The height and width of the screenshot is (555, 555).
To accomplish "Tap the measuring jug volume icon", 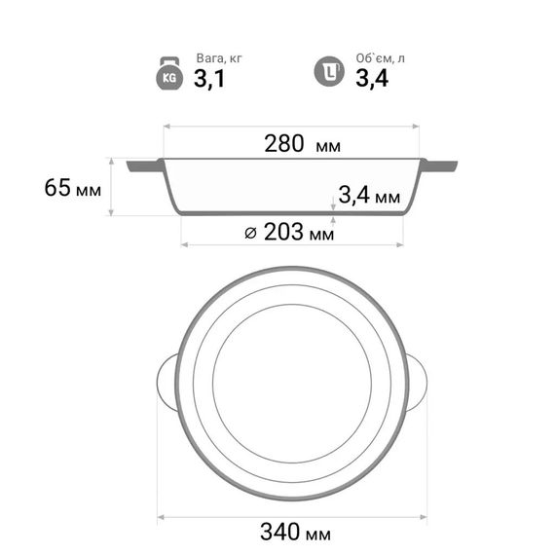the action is coord(329,71).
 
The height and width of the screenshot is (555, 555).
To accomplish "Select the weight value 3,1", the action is coord(209,79).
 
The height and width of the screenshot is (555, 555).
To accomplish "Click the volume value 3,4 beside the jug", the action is coord(372,78).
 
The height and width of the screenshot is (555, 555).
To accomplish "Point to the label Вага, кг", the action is coord(219,58).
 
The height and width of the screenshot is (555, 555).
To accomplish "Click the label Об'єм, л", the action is coord(380,58).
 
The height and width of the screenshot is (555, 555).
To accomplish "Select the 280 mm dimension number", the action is coord(284,144).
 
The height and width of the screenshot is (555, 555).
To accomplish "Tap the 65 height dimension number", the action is coord(57,188).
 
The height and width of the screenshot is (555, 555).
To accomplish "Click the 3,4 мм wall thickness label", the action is coord(369,195).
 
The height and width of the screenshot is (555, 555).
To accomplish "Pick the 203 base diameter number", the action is coord(283,232).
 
